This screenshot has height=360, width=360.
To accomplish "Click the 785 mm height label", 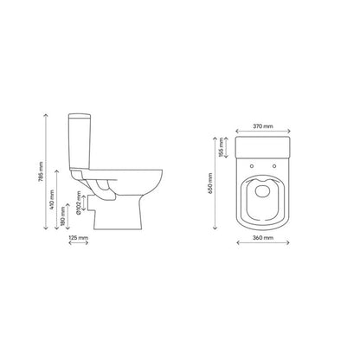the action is coord(42,171).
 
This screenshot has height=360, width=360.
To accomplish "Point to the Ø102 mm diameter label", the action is coord(79,203).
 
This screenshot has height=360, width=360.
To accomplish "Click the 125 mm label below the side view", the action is coord(79,238).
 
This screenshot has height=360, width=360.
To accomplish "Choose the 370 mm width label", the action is coord(263,126).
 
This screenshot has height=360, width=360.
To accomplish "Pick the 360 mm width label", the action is coord(263,238).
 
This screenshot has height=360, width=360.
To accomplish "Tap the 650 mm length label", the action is coord(210,183).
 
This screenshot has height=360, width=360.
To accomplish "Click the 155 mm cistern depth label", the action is coord(222,147).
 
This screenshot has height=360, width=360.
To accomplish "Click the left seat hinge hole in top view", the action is coord(252,166).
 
